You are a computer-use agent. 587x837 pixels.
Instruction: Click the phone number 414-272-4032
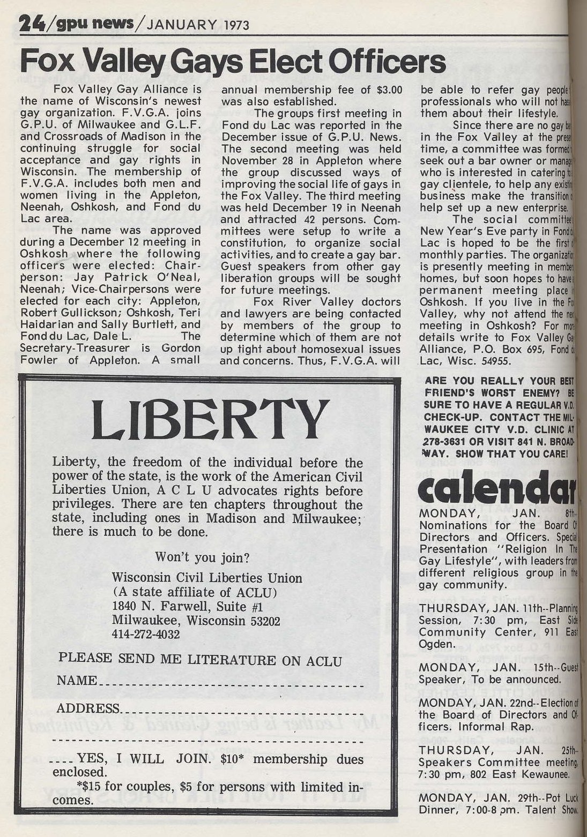pos(146,634)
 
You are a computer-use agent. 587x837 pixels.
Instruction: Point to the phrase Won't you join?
pos(202,557)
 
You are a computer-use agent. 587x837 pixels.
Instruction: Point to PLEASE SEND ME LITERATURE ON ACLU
pos(199,659)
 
